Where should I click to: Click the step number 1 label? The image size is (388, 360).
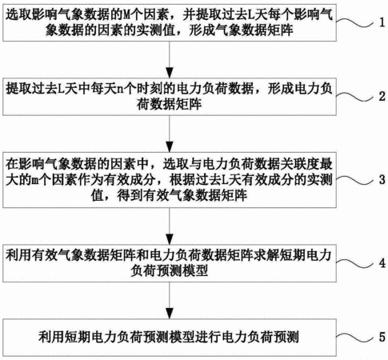(382, 22)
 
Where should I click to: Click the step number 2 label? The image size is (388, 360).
(382, 96)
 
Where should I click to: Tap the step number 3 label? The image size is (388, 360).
(382, 180)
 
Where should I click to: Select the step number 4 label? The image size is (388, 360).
(382, 263)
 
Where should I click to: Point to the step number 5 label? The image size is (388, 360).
(382, 337)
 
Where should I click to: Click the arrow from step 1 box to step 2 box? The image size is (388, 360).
(170, 60)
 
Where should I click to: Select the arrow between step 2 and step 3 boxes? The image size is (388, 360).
(170, 134)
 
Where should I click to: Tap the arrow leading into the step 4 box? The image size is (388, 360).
(170, 226)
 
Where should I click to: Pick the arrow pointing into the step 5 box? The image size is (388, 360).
(170, 301)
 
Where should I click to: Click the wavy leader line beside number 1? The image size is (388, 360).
(355, 23)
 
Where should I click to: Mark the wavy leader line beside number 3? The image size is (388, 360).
(355, 180)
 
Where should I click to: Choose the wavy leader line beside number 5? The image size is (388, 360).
(355, 338)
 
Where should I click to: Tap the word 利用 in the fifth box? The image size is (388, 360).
(51, 337)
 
